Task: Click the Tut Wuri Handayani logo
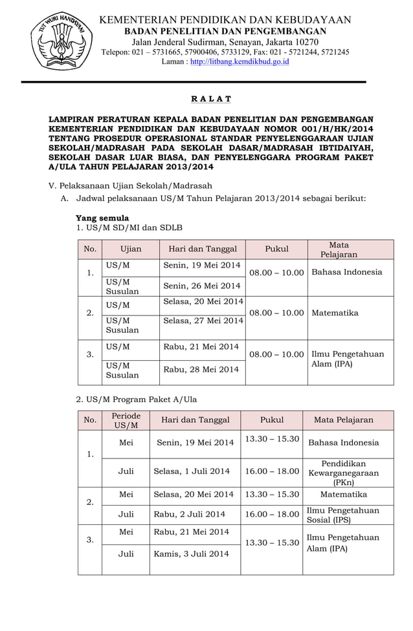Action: click(x=59, y=41)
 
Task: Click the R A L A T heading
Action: click(x=211, y=99)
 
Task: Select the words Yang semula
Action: click(x=102, y=218)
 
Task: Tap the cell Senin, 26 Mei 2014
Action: click(x=201, y=286)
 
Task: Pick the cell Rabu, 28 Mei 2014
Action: click(x=201, y=369)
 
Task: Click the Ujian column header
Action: click(x=131, y=250)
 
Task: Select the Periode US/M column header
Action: click(x=126, y=420)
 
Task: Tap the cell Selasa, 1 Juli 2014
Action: click(x=192, y=471)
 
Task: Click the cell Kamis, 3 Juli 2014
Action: click(x=192, y=554)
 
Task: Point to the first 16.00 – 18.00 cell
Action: click(x=272, y=471)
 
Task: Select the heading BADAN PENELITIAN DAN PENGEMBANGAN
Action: click(x=225, y=31)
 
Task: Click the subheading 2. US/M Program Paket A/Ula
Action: click(x=137, y=400)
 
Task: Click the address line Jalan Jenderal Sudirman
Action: click(x=225, y=42)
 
